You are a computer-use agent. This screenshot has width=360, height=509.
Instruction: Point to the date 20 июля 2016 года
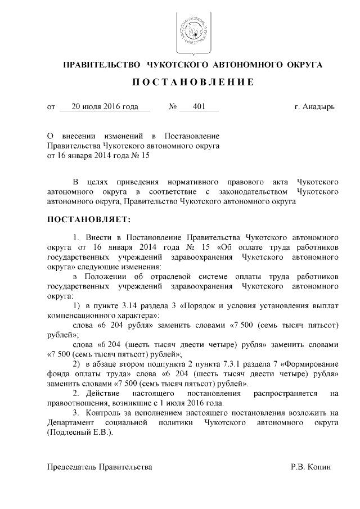(104, 106)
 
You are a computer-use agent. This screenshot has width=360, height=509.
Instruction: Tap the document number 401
(199, 106)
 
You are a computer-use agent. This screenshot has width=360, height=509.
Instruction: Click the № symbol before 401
(173, 106)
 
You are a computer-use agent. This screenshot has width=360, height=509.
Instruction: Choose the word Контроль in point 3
(106, 413)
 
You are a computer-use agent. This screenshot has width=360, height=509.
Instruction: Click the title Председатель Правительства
(99, 467)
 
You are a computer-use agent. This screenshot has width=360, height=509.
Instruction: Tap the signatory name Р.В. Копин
(311, 467)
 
